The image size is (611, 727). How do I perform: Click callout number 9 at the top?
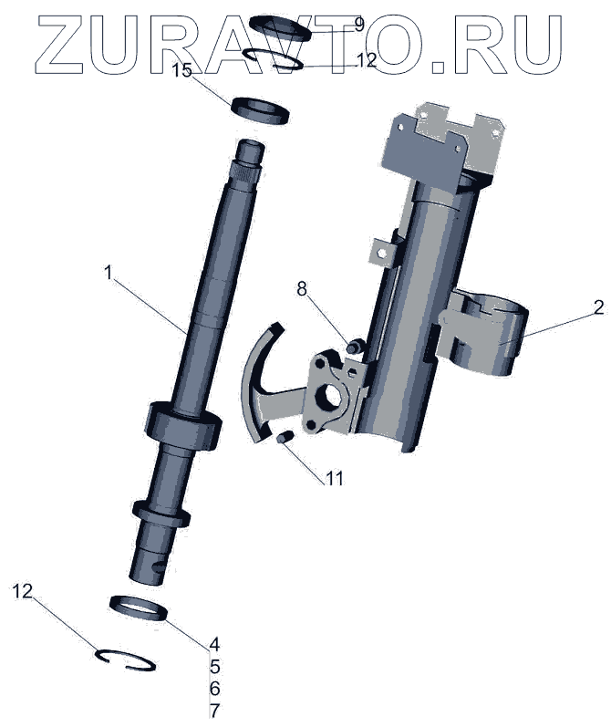pos(358,24)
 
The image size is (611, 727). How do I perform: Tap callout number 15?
pos(181,70)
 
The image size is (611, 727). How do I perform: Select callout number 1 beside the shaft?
pos(109,272)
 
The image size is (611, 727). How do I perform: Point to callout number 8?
pos(302,289)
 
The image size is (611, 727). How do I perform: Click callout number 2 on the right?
pos(598,306)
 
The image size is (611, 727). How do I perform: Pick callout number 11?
pos(335,478)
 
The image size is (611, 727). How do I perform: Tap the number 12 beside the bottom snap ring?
pos(22,591)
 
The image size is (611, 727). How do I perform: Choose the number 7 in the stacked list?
pos(214,711)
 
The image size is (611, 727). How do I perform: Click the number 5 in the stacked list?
pos(214,666)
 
